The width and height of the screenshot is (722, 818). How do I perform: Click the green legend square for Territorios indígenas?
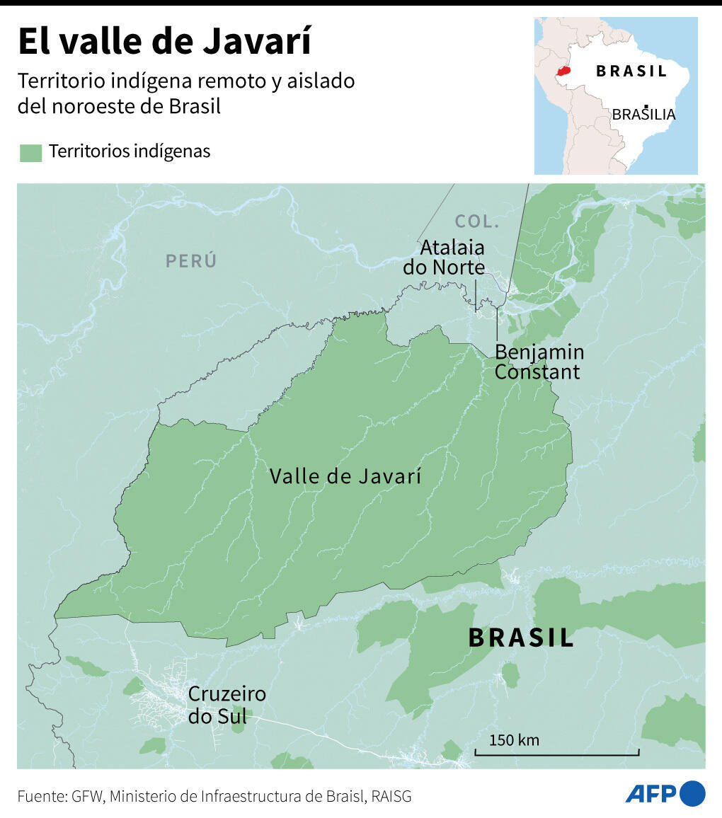(30, 152)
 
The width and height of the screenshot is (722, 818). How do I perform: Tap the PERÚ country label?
(191, 260)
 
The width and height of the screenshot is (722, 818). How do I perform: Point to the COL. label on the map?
(477, 221)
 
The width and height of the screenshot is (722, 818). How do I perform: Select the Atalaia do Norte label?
(445, 258)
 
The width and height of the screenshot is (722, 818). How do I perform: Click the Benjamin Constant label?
(539, 362)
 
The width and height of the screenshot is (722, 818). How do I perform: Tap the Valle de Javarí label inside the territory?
(345, 476)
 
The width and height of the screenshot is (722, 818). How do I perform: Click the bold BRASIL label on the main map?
(521, 638)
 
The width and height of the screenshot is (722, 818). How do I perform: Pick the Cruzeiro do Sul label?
(227, 705)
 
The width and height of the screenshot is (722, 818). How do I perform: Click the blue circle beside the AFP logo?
(693, 793)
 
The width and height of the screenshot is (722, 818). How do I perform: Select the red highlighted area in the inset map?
(563, 71)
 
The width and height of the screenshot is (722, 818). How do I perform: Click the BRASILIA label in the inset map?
(643, 114)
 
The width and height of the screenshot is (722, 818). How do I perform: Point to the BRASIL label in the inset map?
(631, 71)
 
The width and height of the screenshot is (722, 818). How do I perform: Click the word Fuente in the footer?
(41, 796)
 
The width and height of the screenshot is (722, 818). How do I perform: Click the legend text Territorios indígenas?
(130, 151)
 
